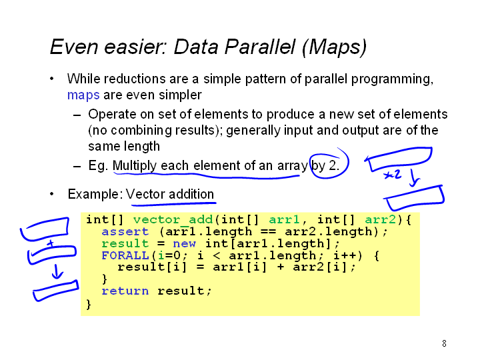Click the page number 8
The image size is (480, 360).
pyautogui.click(x=444, y=343)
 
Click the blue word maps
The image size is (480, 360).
pyautogui.click(x=83, y=95)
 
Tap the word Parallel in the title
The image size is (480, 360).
pyautogui.click(x=259, y=47)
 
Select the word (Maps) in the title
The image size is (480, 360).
pyautogui.click(x=334, y=47)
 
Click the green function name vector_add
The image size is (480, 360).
pyautogui.click(x=173, y=219)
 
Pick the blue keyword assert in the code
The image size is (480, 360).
pyautogui.click(x=125, y=232)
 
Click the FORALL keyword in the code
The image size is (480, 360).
pyautogui.click(x=125, y=255)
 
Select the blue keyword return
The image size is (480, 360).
pyautogui.click(x=125, y=291)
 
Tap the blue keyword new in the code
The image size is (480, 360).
pyautogui.click(x=184, y=244)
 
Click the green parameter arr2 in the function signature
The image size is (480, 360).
pyautogui.click(x=381, y=219)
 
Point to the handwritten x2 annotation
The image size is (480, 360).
pyautogui.click(x=392, y=175)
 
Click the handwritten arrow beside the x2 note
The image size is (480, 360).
pyautogui.click(x=414, y=178)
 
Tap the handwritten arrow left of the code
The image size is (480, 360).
pyautogui.click(x=57, y=271)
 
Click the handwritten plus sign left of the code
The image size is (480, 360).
pyautogui.click(x=51, y=244)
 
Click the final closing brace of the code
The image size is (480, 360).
pyautogui.click(x=89, y=304)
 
